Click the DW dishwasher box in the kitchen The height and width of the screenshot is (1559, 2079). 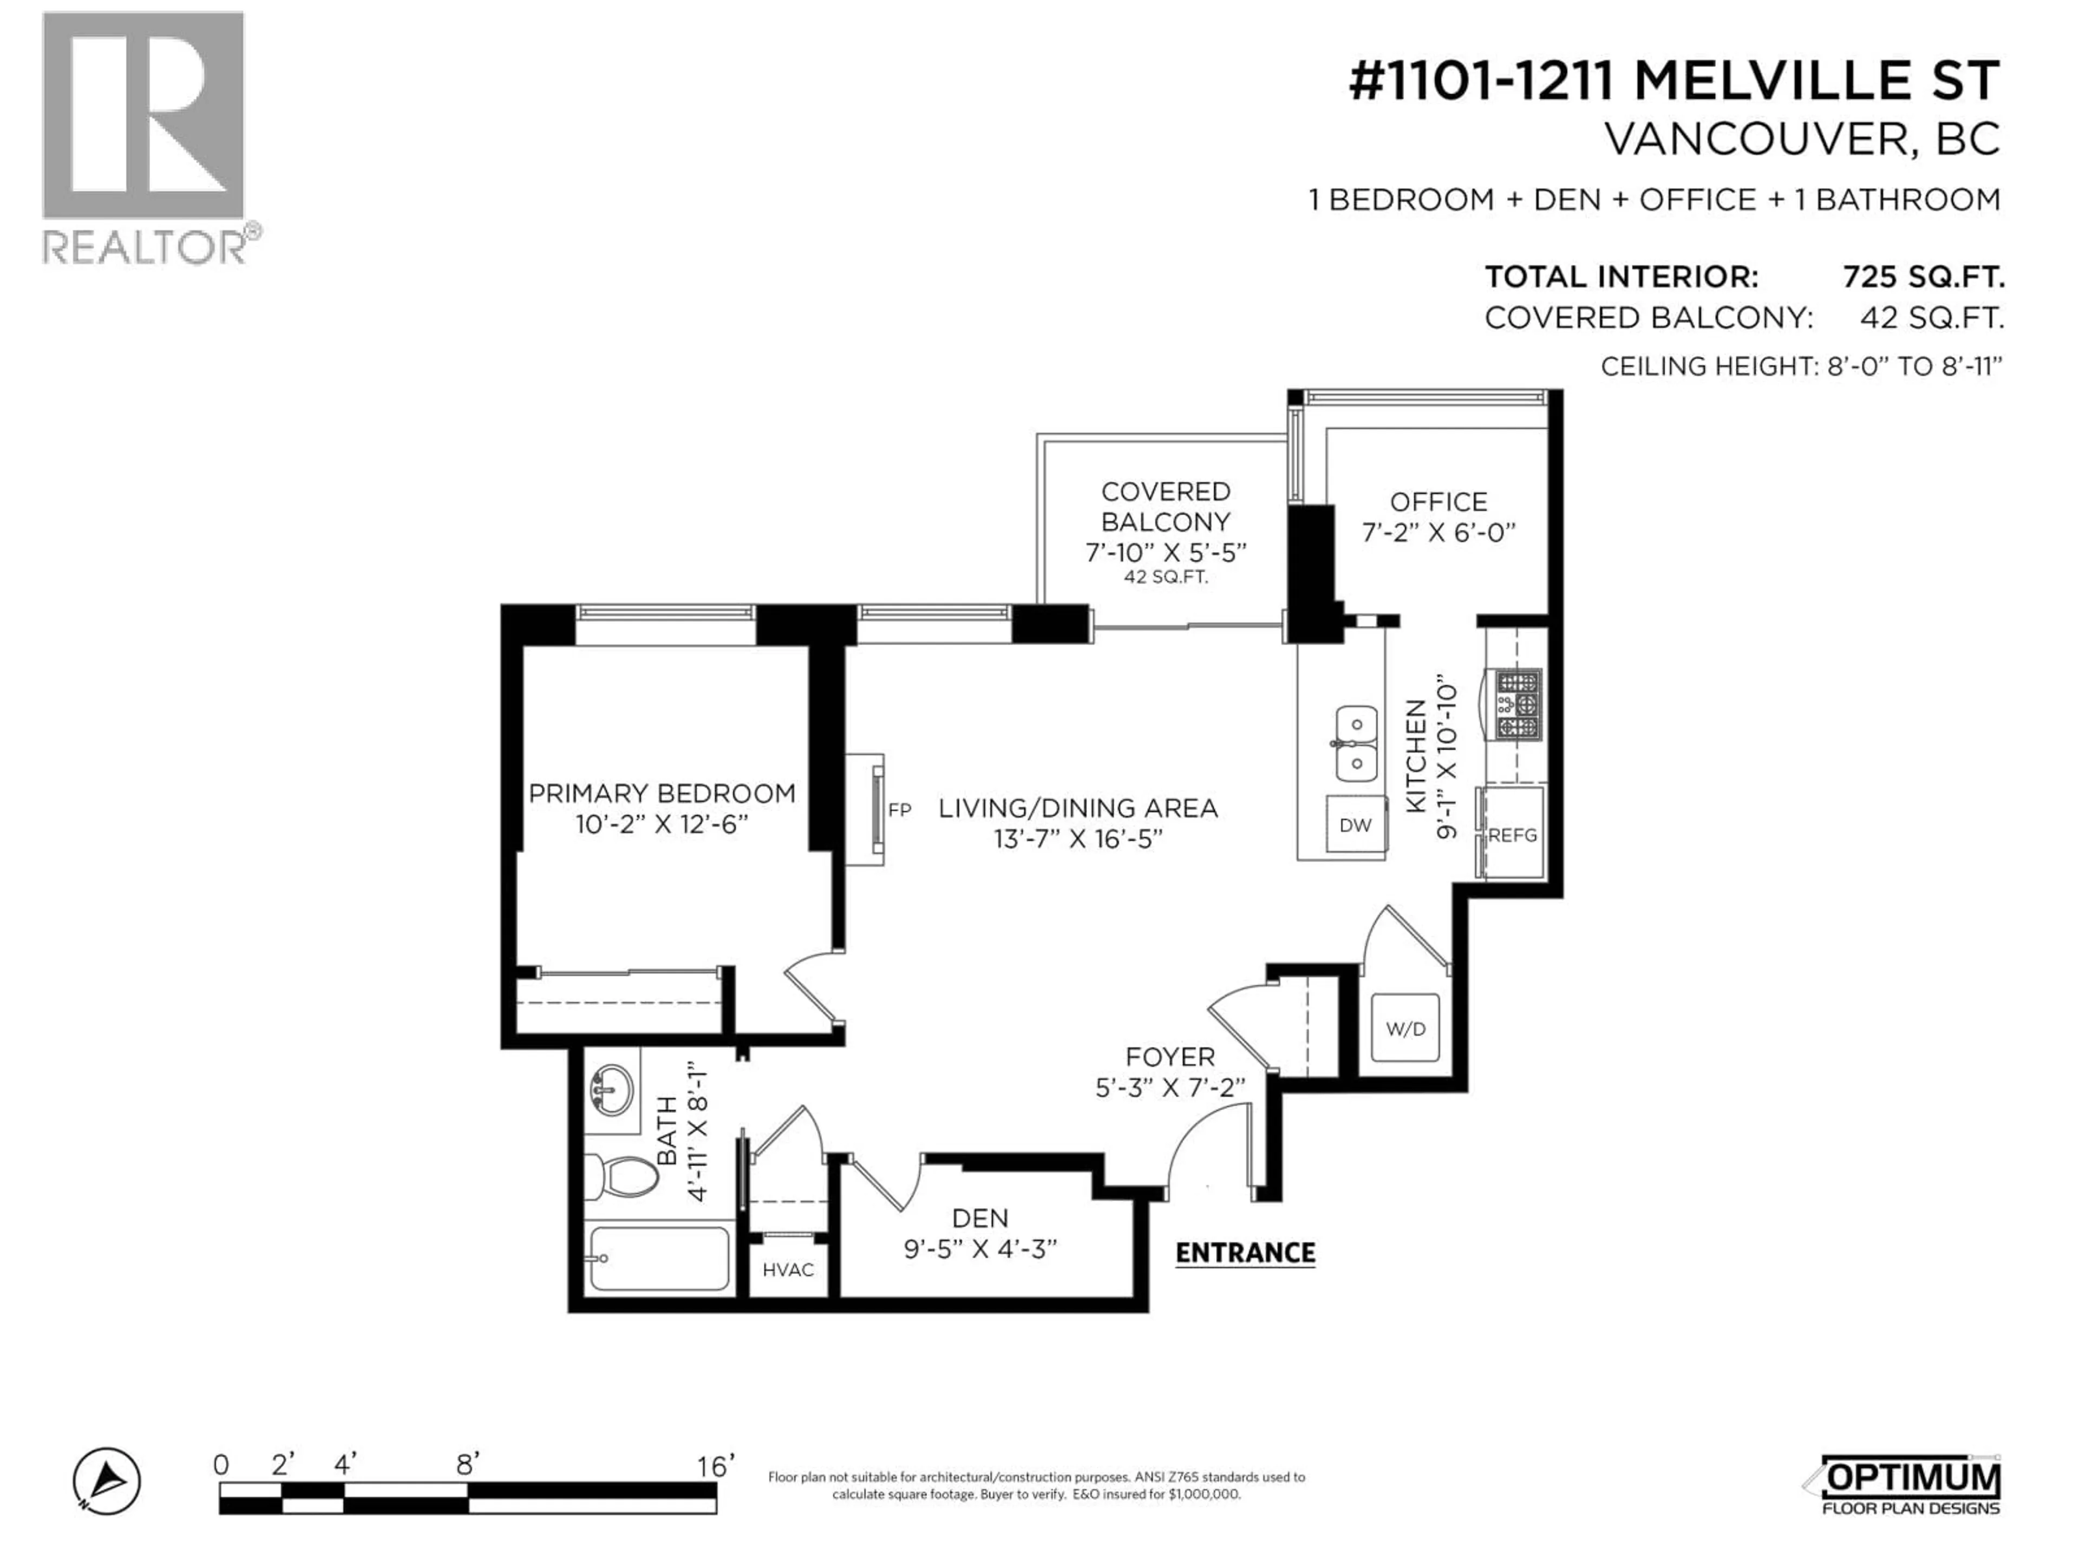(1355, 825)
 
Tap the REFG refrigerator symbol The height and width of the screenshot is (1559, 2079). (1512, 835)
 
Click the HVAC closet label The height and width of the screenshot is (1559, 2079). (788, 1269)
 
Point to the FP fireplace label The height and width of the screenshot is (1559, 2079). (899, 809)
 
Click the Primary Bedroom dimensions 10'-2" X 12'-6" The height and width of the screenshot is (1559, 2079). (662, 824)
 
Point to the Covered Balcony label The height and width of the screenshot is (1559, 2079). (1166, 507)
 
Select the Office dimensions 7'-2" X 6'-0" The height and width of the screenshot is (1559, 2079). (1439, 533)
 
